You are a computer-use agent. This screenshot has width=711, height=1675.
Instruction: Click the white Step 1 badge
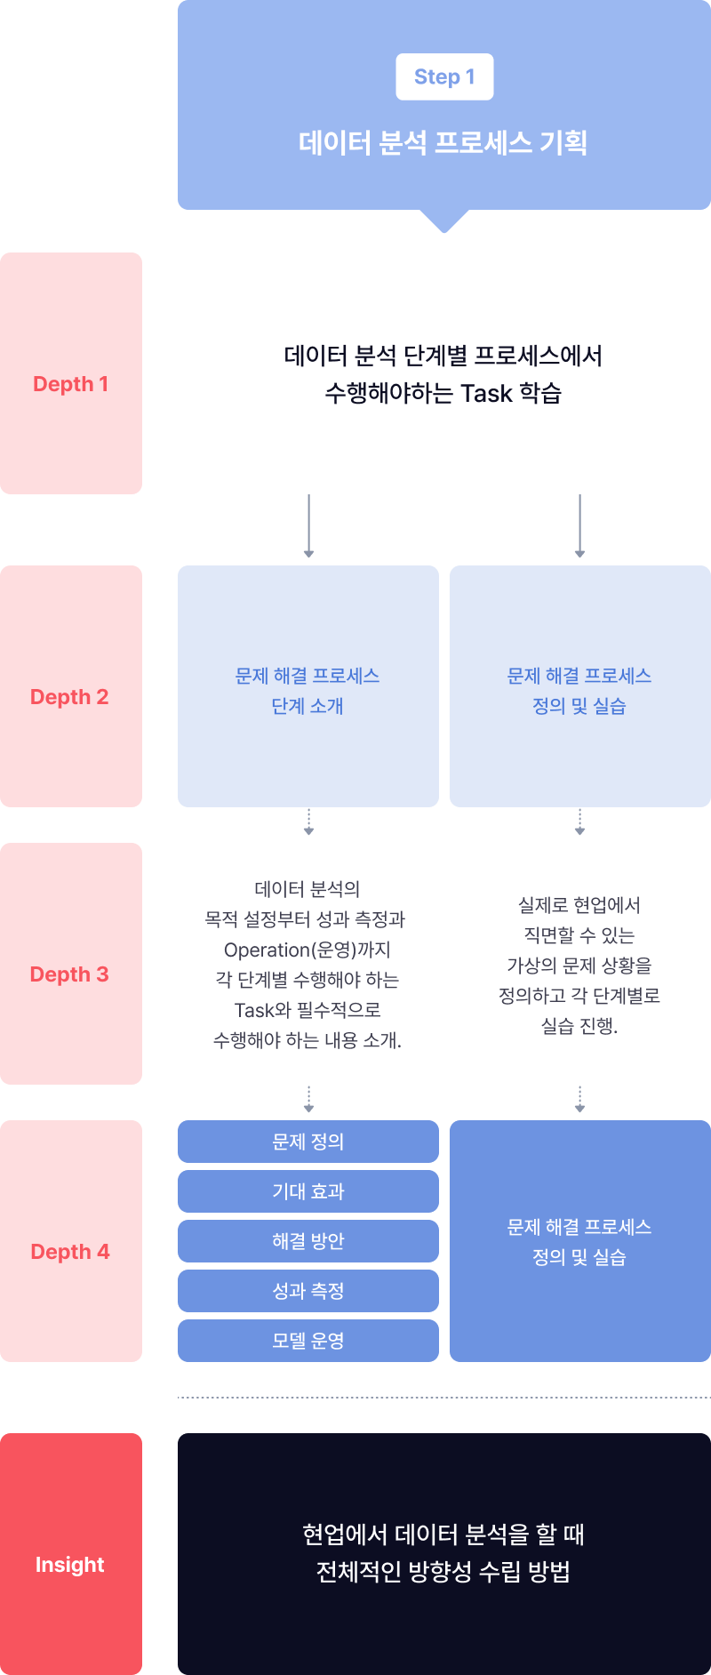pyautogui.click(x=444, y=77)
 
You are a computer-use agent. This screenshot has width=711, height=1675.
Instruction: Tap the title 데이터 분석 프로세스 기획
pyautogui.click(x=443, y=142)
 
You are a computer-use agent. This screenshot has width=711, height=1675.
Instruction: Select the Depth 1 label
pyautogui.click(x=71, y=384)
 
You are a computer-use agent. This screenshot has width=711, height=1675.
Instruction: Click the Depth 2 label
pyautogui.click(x=69, y=697)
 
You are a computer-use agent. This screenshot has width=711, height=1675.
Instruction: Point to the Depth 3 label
pyautogui.click(x=69, y=974)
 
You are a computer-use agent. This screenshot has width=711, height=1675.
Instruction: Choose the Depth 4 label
pyautogui.click(x=70, y=1252)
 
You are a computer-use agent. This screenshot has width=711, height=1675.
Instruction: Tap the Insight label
pyautogui.click(x=70, y=1565)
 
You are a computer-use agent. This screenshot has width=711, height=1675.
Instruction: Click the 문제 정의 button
pyautogui.click(x=308, y=1142)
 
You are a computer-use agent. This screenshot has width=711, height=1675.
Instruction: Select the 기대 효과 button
pyautogui.click(x=308, y=1191)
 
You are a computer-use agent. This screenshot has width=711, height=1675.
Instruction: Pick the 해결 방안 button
pyautogui.click(x=308, y=1241)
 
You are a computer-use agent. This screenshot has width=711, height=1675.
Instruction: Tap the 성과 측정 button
pyautogui.click(x=308, y=1291)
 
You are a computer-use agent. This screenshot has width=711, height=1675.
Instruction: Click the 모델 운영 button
pyautogui.click(x=308, y=1341)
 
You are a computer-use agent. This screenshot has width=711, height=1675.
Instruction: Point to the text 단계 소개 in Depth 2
pyautogui.click(x=308, y=706)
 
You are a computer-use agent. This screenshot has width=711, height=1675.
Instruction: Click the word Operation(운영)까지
pyautogui.click(x=308, y=950)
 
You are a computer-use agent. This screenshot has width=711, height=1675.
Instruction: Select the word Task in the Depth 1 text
pyautogui.click(x=486, y=394)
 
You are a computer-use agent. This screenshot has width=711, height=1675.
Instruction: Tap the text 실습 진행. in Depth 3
pyautogui.click(x=579, y=1026)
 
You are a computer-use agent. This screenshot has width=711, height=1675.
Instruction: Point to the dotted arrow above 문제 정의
pyautogui.click(x=308, y=1099)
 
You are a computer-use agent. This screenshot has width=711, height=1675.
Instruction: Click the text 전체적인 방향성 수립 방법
pyautogui.click(x=443, y=1572)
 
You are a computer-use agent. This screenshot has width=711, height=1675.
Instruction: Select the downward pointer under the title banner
pyautogui.click(x=444, y=220)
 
